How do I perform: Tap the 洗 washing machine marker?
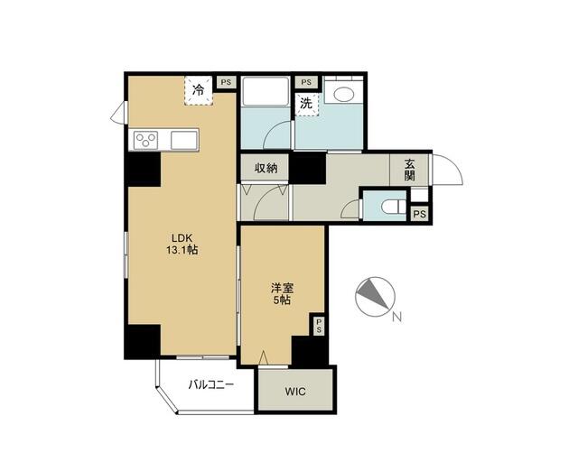tap(308, 104)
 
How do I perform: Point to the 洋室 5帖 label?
tap(282, 294)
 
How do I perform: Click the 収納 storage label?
tap(265, 168)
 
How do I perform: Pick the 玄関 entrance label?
tap(409, 170)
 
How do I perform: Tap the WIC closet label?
tap(295, 392)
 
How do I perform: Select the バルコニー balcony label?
tap(210, 384)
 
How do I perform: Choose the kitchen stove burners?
tap(146, 139)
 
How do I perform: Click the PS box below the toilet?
tap(419, 214)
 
